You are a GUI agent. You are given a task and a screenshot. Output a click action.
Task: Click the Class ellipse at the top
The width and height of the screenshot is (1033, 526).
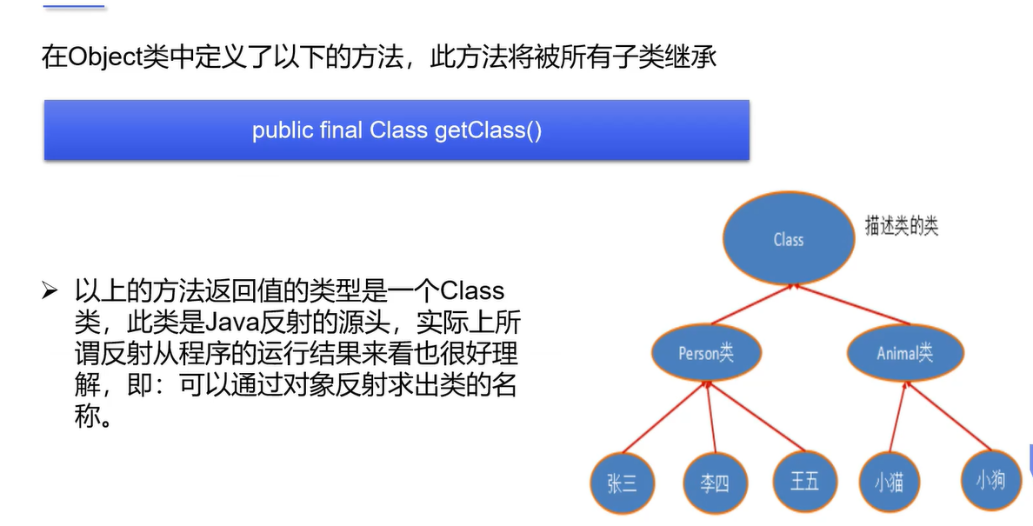(x=788, y=239)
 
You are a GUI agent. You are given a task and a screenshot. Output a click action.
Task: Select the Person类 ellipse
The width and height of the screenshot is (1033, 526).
(x=707, y=353)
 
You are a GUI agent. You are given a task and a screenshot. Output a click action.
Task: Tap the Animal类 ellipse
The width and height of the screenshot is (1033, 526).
(x=904, y=353)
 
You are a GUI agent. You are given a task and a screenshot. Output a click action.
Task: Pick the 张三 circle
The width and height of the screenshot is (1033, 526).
(x=622, y=483)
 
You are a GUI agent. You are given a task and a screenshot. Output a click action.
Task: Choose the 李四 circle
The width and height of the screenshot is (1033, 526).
(x=714, y=483)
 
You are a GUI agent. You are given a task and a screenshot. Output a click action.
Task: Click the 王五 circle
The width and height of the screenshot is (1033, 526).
(x=804, y=480)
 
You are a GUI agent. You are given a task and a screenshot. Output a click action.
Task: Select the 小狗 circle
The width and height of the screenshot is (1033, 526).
(x=990, y=478)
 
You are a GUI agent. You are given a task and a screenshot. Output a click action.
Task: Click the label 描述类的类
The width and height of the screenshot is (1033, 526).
(x=901, y=226)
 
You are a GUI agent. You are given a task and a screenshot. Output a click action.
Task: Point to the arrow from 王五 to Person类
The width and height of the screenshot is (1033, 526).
(x=755, y=417)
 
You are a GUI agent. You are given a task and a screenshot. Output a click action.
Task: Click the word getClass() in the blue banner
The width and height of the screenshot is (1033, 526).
(x=487, y=131)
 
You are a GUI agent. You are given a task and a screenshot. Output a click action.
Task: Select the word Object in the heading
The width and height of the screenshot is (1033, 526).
(x=97, y=58)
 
